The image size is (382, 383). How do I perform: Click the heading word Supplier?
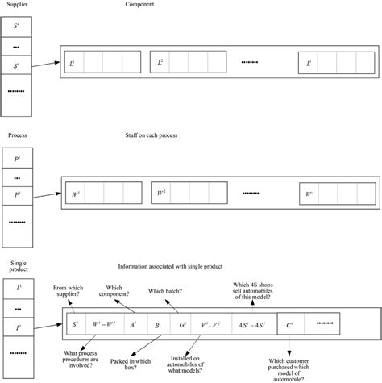click(x=17, y=6)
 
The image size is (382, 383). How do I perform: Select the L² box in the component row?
click(x=161, y=62)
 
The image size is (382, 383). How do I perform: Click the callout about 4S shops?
click(x=252, y=289)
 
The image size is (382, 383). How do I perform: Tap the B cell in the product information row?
click(x=158, y=325)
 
